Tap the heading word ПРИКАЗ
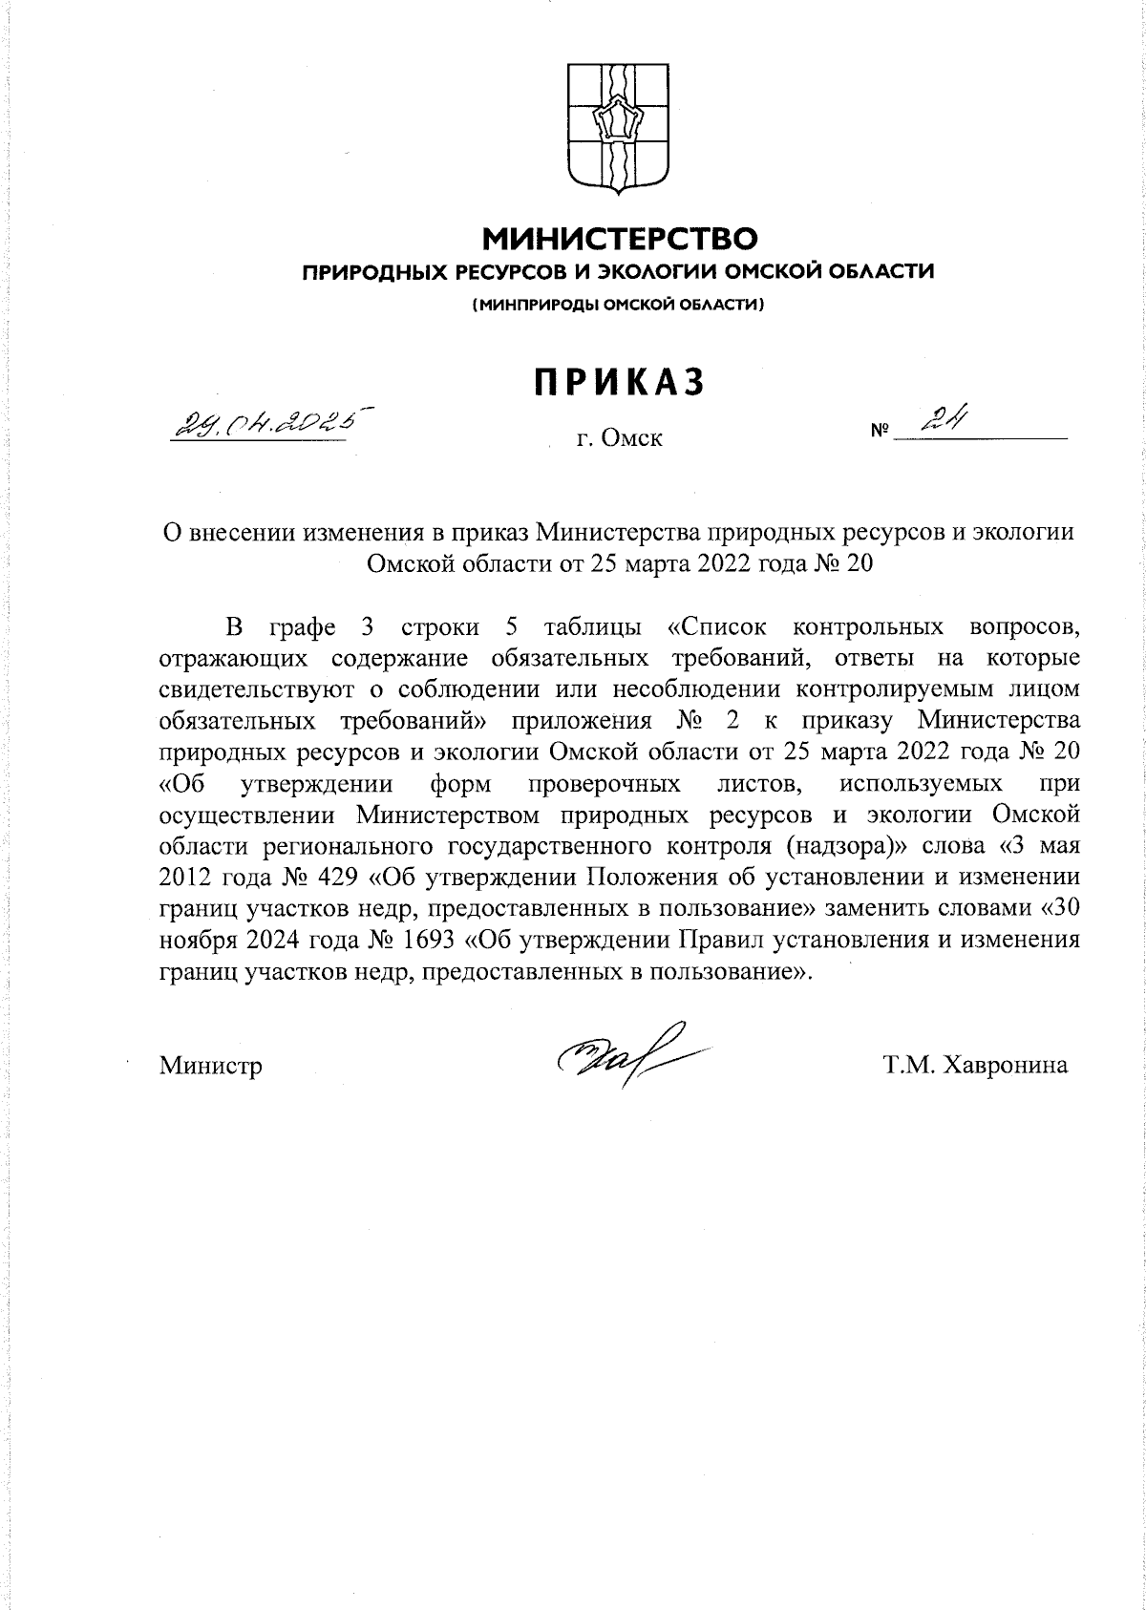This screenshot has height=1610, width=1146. tap(619, 382)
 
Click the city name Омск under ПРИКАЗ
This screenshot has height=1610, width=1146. tap(630, 439)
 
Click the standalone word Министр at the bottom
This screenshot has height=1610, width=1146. tap(211, 1066)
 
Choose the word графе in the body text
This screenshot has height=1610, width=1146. tap(303, 627)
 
